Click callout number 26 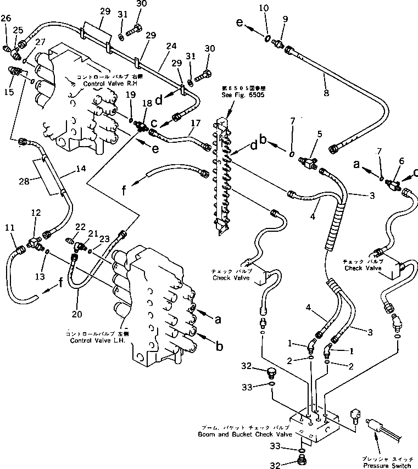[x=5, y=19]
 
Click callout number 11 [x=10, y=227]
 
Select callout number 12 [x=36, y=212]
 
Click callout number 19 [x=130, y=94]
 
